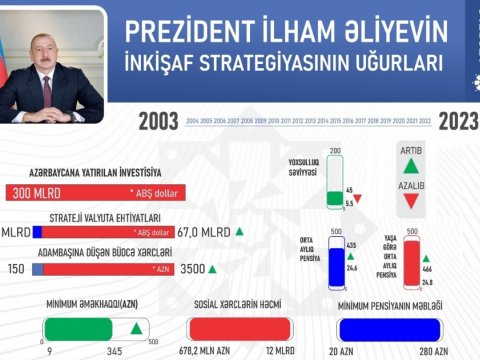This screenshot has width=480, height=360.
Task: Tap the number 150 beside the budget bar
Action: [x=15, y=269]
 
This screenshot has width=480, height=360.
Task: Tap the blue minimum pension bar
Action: [x=390, y=329]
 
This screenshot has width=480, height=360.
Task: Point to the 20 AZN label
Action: [x=345, y=352]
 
